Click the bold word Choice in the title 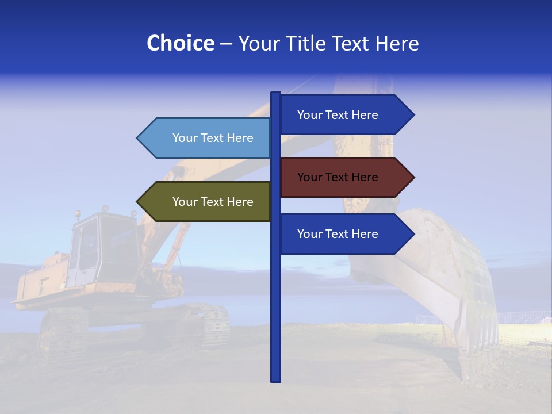(180, 44)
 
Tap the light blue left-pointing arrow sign (204, 138)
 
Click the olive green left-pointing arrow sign (204, 202)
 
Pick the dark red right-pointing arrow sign (345, 177)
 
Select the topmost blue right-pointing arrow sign (345, 115)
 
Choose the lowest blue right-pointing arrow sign (345, 234)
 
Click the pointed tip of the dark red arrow (413, 177)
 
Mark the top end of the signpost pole (276, 94)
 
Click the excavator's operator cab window (86, 244)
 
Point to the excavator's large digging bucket (437, 270)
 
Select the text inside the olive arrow (213, 202)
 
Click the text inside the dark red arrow (338, 177)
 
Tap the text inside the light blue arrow (213, 138)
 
